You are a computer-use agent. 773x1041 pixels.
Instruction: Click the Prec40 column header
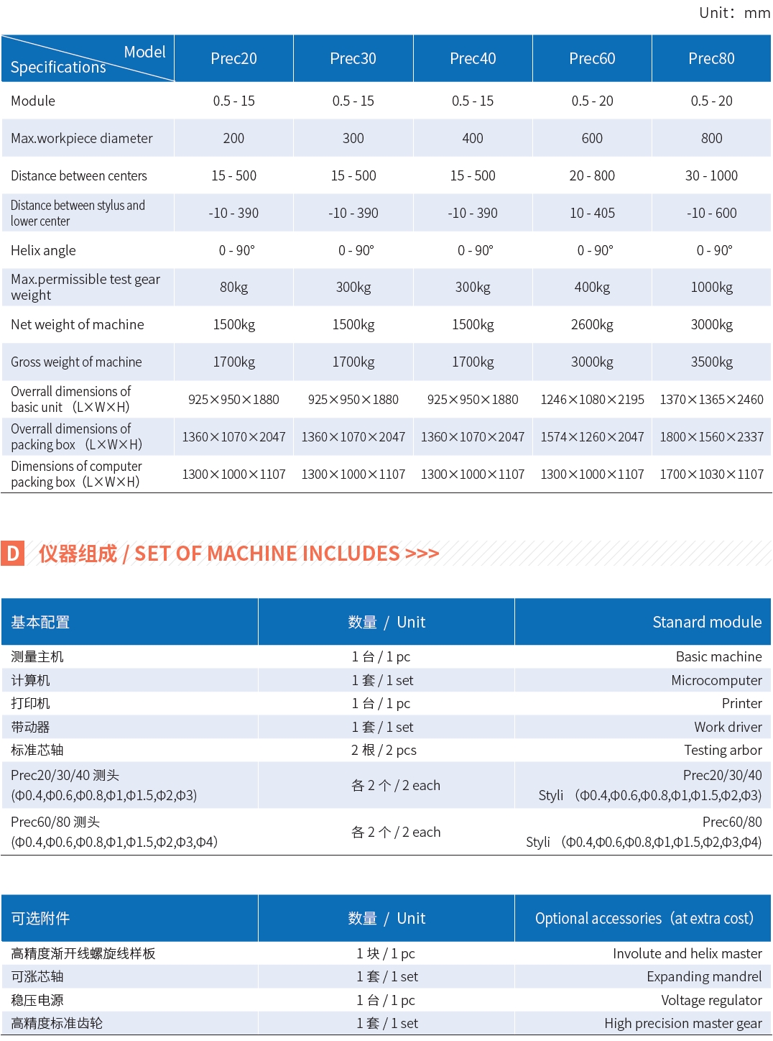(473, 58)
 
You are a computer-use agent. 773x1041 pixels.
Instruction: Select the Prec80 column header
(711, 58)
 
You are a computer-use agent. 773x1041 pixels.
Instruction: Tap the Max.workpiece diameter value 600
(592, 138)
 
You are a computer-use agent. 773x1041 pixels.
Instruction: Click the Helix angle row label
(43, 250)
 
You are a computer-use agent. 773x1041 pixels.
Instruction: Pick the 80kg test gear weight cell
(233, 288)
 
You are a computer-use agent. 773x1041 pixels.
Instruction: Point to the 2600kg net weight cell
(592, 325)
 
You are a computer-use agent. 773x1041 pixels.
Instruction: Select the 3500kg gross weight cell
(711, 362)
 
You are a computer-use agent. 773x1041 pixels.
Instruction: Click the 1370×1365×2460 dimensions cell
(711, 400)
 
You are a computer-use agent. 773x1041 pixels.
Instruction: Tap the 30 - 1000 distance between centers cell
(711, 175)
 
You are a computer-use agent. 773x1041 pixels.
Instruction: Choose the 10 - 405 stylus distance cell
(592, 213)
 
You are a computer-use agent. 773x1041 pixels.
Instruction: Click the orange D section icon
(13, 554)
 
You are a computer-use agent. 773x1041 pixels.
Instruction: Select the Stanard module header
(706, 622)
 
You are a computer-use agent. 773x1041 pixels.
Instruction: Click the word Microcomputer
(716, 680)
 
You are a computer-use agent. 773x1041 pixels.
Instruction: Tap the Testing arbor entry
(723, 750)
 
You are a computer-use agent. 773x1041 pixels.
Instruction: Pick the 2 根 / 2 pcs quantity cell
(384, 750)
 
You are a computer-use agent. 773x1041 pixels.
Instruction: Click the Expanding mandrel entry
(704, 976)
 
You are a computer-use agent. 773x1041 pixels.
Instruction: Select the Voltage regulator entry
(711, 1000)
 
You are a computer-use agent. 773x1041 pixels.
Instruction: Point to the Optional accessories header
(644, 918)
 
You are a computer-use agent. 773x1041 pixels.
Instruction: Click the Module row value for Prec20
(233, 101)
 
